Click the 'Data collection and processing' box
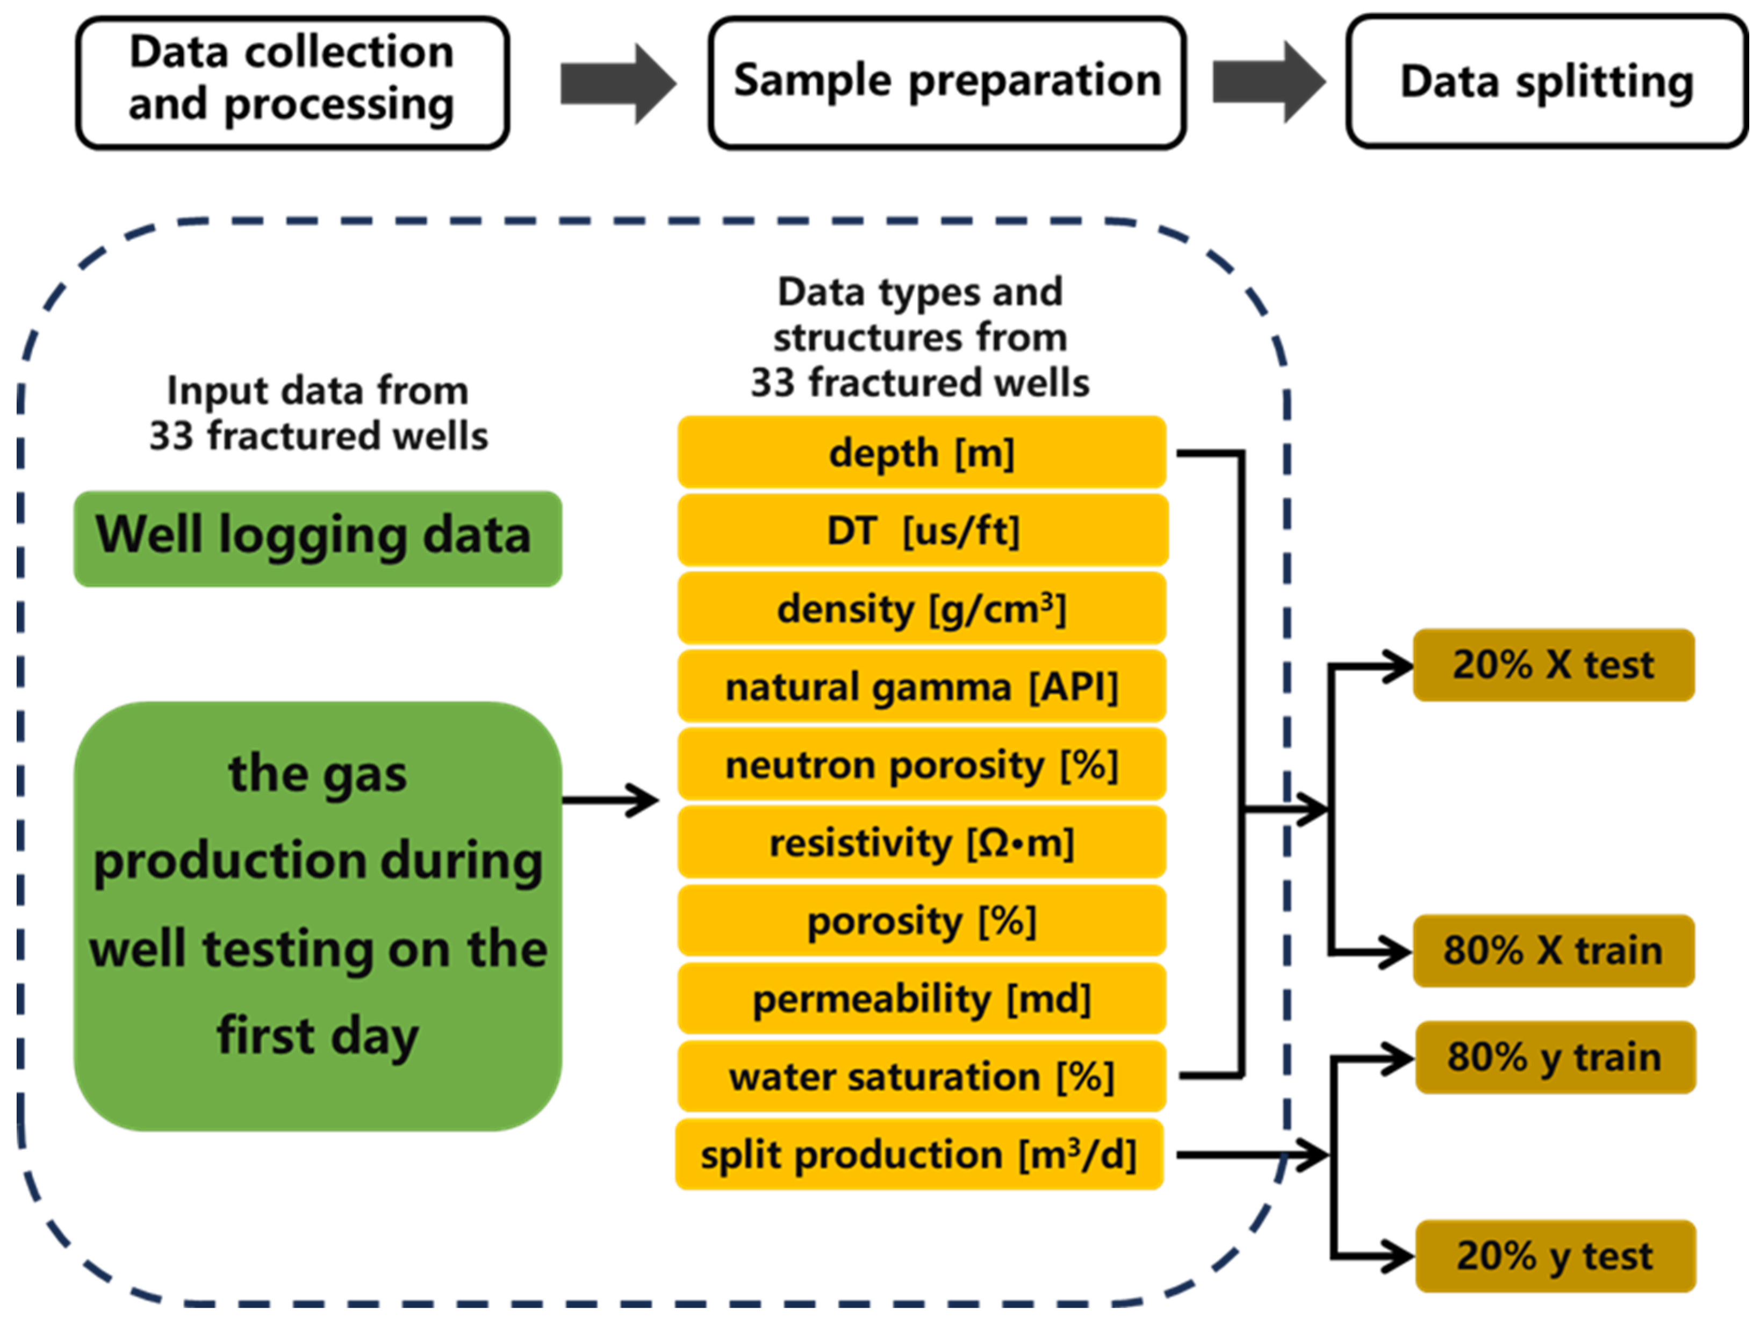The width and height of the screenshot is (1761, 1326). coord(292,82)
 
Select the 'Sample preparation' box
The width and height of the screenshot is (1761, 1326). coord(946,82)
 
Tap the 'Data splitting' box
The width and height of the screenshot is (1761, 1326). coord(1546,82)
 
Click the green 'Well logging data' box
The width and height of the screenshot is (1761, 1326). coord(317,539)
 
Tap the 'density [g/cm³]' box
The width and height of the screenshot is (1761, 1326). coord(921,608)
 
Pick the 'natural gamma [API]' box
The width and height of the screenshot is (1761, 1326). coord(921,686)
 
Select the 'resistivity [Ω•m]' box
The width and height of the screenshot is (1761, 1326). coord(921,842)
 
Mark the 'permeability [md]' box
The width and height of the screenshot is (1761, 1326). coord(921,998)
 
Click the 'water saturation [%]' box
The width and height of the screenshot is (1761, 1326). coord(921,1076)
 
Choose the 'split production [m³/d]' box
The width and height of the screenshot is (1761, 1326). coord(919,1154)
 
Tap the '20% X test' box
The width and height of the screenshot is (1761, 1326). coord(1553,665)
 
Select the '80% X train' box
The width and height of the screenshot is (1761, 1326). coord(1553,950)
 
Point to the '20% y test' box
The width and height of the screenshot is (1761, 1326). coord(1555,1256)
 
